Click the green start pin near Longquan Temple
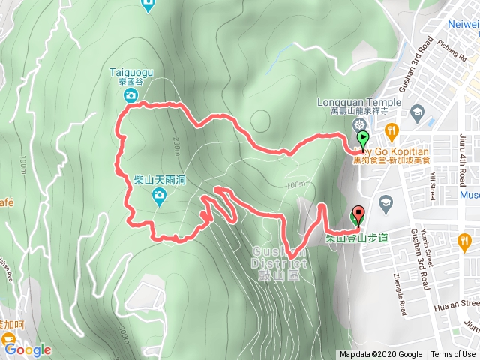(363, 139)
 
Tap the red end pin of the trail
(357, 216)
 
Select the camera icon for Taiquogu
(131, 95)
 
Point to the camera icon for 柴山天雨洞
(159, 197)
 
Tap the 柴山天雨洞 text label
(159, 180)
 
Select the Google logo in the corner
(28, 349)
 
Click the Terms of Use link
(452, 354)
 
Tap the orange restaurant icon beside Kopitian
(391, 131)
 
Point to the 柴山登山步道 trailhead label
(357, 238)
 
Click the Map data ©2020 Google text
(380, 354)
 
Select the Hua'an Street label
(459, 304)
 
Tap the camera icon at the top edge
(148, 6)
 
